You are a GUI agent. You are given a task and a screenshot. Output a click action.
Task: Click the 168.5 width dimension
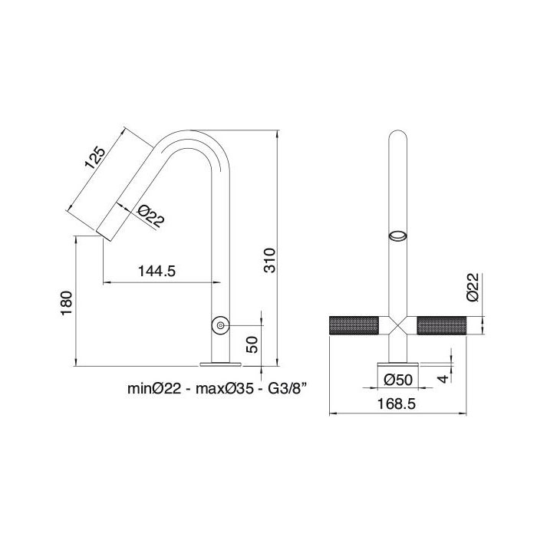click(x=395, y=404)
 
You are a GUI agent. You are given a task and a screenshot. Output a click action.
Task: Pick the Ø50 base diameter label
click(x=398, y=379)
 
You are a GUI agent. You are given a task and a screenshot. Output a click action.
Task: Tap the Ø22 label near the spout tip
click(x=153, y=217)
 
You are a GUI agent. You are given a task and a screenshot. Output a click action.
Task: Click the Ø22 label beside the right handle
click(x=473, y=288)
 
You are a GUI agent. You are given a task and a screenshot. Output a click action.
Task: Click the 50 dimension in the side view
click(x=253, y=342)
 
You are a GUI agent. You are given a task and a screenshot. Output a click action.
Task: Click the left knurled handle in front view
click(x=355, y=325)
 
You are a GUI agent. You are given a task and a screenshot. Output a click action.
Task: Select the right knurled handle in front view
click(x=442, y=325)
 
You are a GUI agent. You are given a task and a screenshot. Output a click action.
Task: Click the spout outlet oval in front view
click(x=399, y=236)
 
